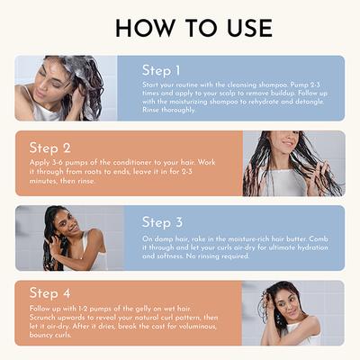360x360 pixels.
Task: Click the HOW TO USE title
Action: pos(180,27)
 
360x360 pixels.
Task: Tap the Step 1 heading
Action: pos(162,70)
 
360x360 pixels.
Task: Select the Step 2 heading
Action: pos(49,148)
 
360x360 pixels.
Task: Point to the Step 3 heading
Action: pos(163,222)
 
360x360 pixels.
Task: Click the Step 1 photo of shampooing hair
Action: pos(66,88)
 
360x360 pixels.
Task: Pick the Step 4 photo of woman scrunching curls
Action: pos(293,312)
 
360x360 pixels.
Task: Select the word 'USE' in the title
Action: pos(238,27)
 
